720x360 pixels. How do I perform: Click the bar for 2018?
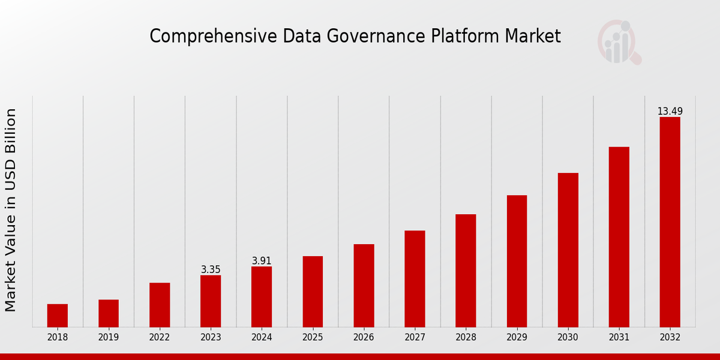click(58, 316)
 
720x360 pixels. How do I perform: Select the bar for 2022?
click(160, 305)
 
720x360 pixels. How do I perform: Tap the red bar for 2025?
click(313, 292)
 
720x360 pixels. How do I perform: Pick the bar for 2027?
click(415, 279)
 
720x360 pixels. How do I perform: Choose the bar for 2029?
click(517, 261)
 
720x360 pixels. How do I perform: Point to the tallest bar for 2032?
click(670, 222)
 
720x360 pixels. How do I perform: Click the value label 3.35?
click(211, 270)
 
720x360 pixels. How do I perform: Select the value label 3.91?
click(262, 261)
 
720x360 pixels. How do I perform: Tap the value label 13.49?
click(670, 112)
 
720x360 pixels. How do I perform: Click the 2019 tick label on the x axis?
click(109, 337)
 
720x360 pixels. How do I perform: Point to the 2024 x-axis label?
click(262, 337)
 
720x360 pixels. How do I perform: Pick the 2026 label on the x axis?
click(364, 337)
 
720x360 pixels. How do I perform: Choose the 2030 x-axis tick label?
click(568, 337)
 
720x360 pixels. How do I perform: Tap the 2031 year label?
click(619, 337)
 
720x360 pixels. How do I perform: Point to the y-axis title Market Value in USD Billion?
click(11, 210)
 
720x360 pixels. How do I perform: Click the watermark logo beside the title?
click(619, 42)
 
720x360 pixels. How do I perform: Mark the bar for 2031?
click(619, 237)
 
